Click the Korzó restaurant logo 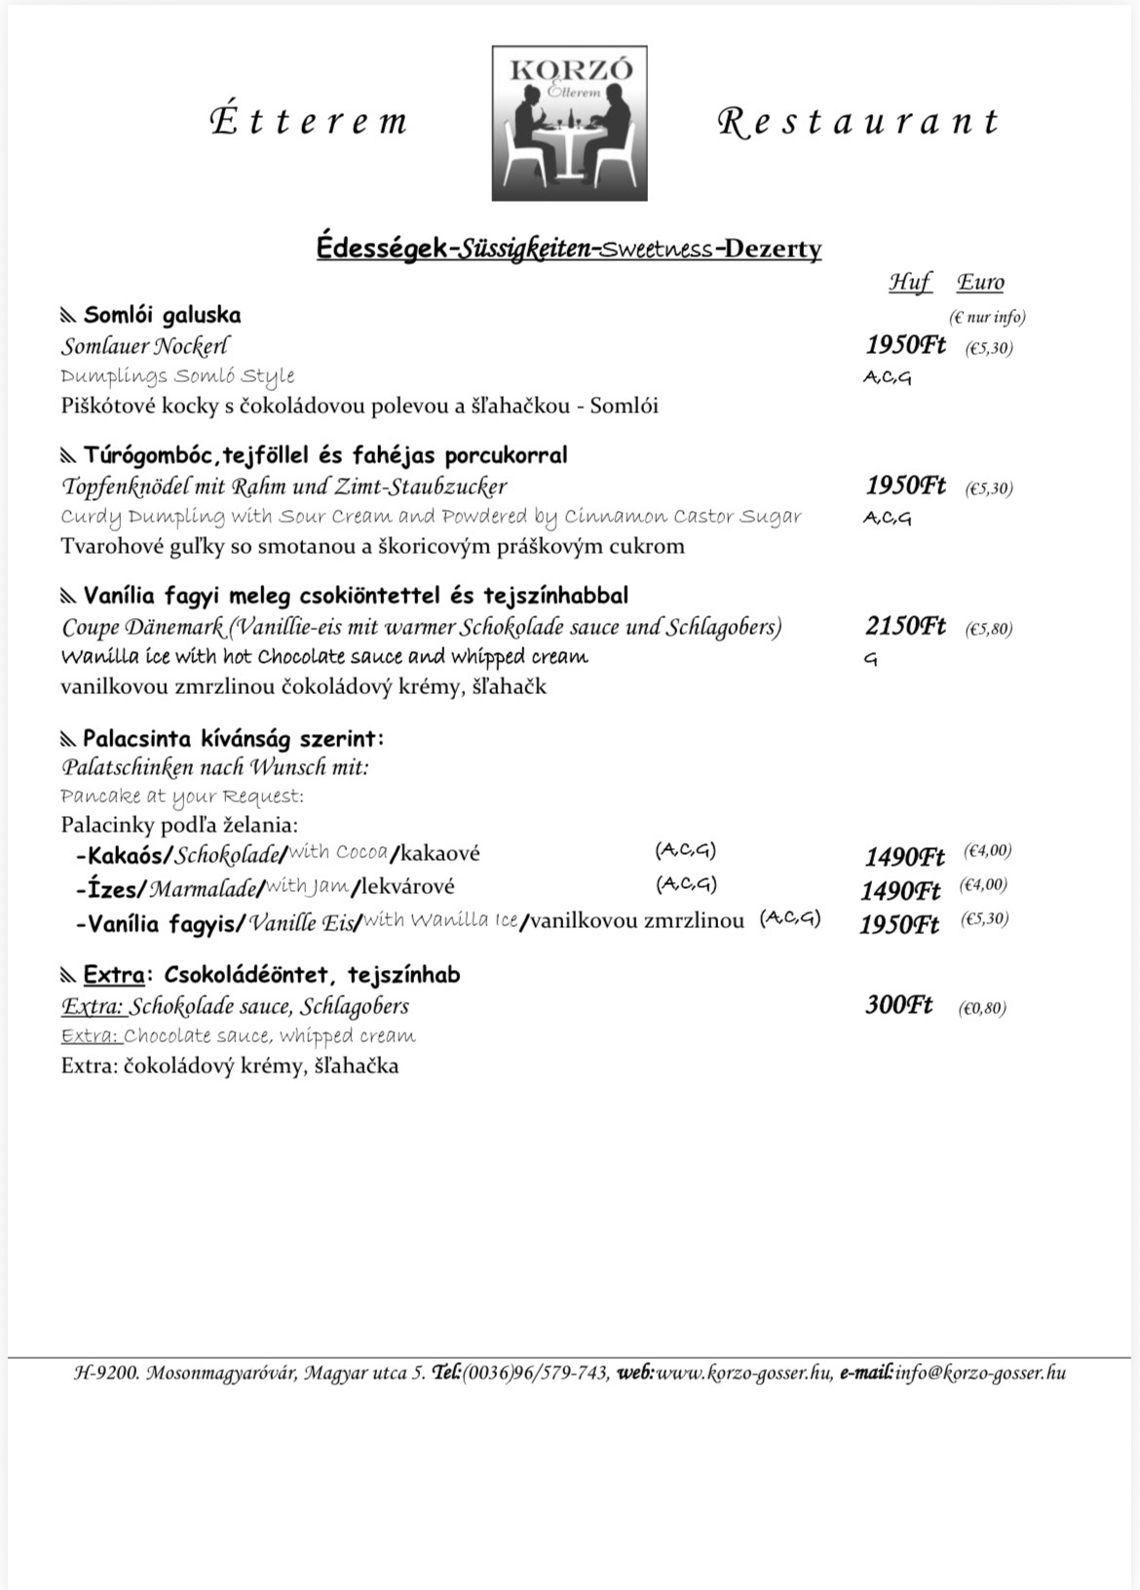click(569, 123)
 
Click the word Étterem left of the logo click(308, 121)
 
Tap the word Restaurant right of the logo click(858, 121)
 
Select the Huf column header click(909, 283)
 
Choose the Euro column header click(979, 283)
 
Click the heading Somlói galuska click(162, 315)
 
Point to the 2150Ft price click(904, 626)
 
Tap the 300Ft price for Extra click(898, 1005)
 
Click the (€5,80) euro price click(988, 629)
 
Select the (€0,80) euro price click(982, 1008)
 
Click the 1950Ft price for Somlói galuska click(904, 345)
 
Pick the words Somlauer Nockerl click(146, 346)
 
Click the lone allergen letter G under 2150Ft click(870, 660)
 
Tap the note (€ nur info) click(986, 317)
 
